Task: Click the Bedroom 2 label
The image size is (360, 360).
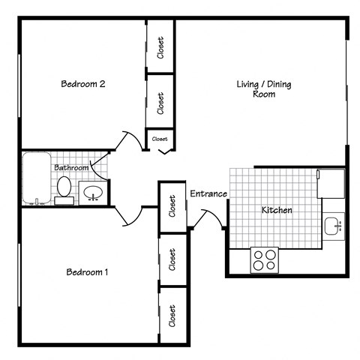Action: pyautogui.click(x=82, y=84)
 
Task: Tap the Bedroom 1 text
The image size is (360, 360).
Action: pyautogui.click(x=87, y=271)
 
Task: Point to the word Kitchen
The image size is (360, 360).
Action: pyautogui.click(x=276, y=210)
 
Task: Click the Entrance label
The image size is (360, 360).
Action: pyautogui.click(x=208, y=194)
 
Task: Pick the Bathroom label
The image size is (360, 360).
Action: pyautogui.click(x=71, y=167)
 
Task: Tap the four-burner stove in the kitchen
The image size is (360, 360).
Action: pyautogui.click(x=263, y=259)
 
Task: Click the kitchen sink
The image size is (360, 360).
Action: pyautogui.click(x=333, y=225)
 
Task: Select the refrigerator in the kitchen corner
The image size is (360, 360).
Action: pyautogui.click(x=331, y=182)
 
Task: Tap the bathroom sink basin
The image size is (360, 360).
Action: pyautogui.click(x=93, y=192)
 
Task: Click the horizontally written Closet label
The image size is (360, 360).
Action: pyautogui.click(x=160, y=139)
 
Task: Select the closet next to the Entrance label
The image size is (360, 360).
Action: pyautogui.click(x=172, y=205)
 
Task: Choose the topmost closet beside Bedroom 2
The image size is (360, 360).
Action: pyautogui.click(x=160, y=46)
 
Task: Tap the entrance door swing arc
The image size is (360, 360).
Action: pyautogui.click(x=208, y=219)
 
